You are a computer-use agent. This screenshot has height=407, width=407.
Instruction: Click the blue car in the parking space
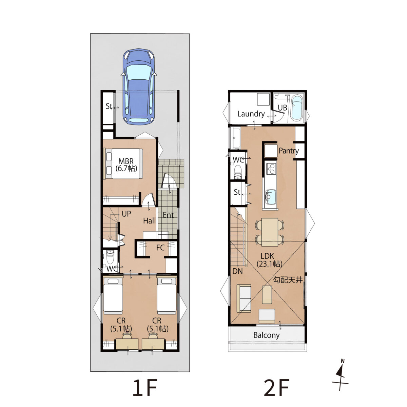pyautogui.click(x=138, y=86)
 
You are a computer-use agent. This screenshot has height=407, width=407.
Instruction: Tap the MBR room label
pyautogui.click(x=126, y=161)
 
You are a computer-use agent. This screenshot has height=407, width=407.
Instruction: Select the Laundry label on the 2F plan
pyautogui.click(x=251, y=114)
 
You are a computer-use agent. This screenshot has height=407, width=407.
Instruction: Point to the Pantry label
pyautogui.click(x=289, y=151)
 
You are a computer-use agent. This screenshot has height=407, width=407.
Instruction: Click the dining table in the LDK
pyautogui.click(x=270, y=232)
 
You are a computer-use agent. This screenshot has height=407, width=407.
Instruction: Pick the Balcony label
pyautogui.click(x=267, y=335)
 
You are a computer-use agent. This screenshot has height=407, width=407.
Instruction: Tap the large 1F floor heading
pyautogui.click(x=145, y=388)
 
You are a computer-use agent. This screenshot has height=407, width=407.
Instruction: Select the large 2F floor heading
pyautogui.click(x=276, y=388)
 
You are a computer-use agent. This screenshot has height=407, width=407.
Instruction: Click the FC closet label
pyautogui.click(x=160, y=248)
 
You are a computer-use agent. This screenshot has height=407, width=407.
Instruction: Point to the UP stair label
pyautogui.click(x=127, y=214)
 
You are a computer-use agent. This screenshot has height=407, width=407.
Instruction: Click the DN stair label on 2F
pyautogui.click(x=237, y=271)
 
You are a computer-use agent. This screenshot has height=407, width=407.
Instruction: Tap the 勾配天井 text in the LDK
pyautogui.click(x=288, y=280)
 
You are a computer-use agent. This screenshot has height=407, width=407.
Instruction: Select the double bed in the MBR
pyautogui.click(x=124, y=164)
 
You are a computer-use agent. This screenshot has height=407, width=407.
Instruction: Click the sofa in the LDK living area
pyautogui.click(x=244, y=298)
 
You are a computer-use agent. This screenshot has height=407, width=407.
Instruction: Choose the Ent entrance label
pyautogui.click(x=168, y=215)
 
